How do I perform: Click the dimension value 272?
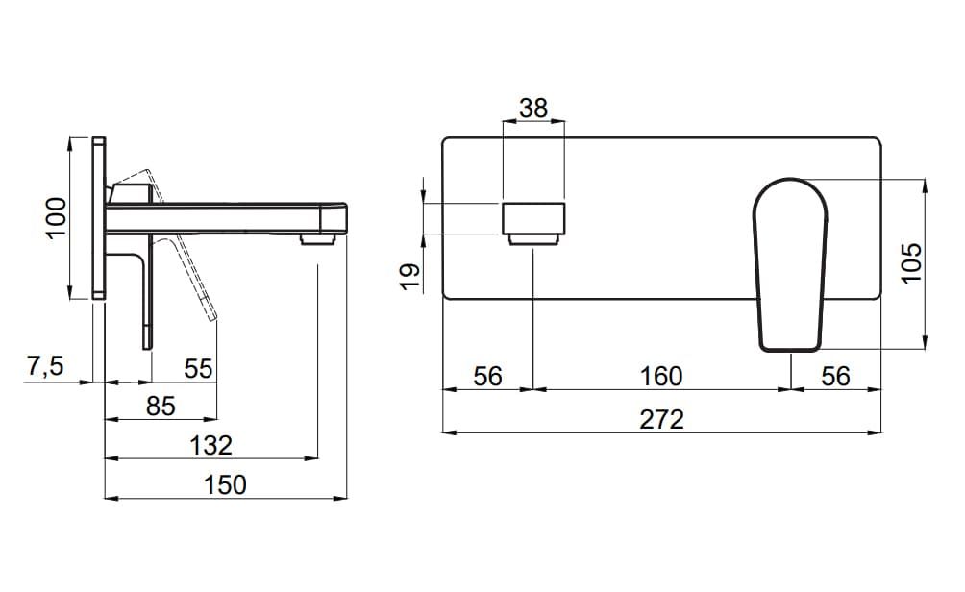pyautogui.click(x=661, y=420)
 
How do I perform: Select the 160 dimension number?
pyautogui.click(x=661, y=376)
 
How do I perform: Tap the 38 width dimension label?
pyautogui.click(x=533, y=109)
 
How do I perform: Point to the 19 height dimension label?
pyautogui.click(x=410, y=276)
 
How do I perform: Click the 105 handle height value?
pyautogui.click(x=912, y=262)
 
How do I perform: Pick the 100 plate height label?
pyautogui.click(x=56, y=218)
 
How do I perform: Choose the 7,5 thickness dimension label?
pyautogui.click(x=45, y=366)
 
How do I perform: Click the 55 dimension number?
pyautogui.click(x=198, y=369)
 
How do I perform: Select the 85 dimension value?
pyautogui.click(x=161, y=407)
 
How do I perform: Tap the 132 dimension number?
pyautogui.click(x=211, y=446)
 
